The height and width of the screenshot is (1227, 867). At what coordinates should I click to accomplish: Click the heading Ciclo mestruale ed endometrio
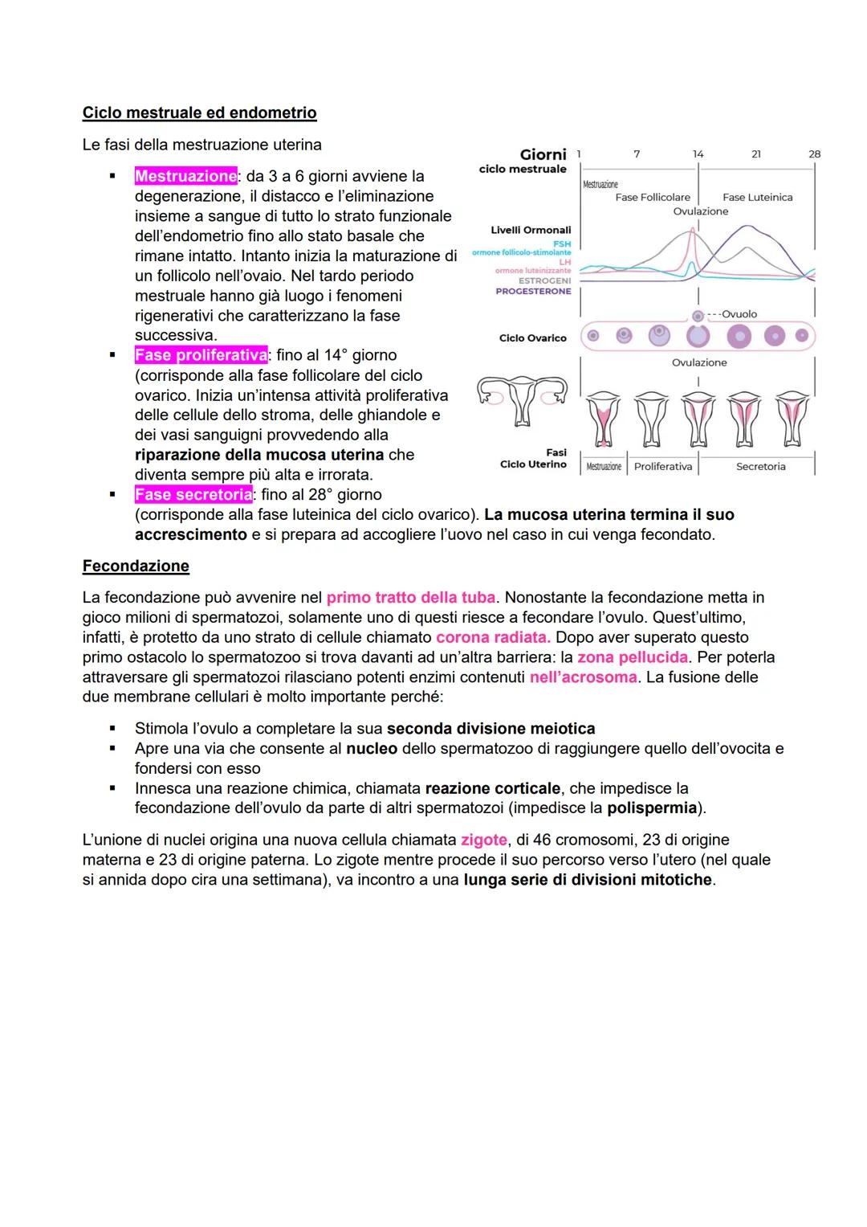pyautogui.click(x=199, y=112)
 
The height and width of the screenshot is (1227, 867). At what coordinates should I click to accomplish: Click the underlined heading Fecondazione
pyautogui.click(x=136, y=566)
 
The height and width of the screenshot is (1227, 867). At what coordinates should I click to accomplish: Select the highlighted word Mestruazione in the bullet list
pyautogui.click(x=185, y=176)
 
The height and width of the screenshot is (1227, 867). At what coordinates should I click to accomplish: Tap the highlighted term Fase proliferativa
pyautogui.click(x=201, y=355)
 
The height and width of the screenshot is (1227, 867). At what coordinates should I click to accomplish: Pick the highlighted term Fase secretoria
pyautogui.click(x=193, y=495)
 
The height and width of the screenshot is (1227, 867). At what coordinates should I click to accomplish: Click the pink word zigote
pyautogui.click(x=483, y=840)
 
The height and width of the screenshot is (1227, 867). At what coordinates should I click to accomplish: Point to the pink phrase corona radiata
pyautogui.click(x=492, y=637)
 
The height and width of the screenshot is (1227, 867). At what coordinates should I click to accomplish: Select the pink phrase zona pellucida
pyautogui.click(x=632, y=657)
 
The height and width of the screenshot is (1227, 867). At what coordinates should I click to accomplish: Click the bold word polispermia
pyautogui.click(x=651, y=808)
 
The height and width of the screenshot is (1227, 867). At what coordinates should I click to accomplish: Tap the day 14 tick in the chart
pyautogui.click(x=698, y=154)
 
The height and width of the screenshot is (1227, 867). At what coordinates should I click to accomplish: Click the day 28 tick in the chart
pyautogui.click(x=814, y=154)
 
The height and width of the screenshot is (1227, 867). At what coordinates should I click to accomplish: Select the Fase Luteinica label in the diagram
pyautogui.click(x=757, y=197)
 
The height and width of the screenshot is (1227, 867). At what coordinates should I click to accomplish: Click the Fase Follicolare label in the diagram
pyautogui.click(x=652, y=197)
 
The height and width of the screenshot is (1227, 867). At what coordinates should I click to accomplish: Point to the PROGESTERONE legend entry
pyautogui.click(x=533, y=292)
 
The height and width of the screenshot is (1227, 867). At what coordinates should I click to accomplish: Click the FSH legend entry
pyautogui.click(x=561, y=243)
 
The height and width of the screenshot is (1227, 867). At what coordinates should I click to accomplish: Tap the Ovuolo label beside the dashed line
pyautogui.click(x=739, y=314)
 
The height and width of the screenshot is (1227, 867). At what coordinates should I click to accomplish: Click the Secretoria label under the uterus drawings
pyautogui.click(x=760, y=467)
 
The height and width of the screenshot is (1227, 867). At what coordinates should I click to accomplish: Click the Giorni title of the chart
pyautogui.click(x=543, y=154)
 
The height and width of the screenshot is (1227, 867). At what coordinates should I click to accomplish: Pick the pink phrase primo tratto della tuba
pyautogui.click(x=410, y=597)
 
